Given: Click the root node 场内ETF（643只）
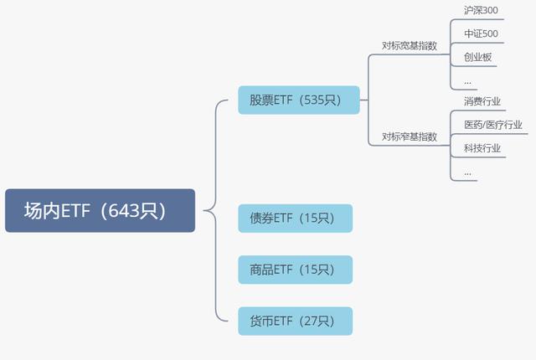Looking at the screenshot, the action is [100, 210].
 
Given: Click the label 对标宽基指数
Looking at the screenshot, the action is [410, 46].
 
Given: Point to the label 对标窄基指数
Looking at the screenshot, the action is [410, 136].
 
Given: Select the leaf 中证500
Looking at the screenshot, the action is [481, 34].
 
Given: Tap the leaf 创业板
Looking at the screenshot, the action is [477, 58].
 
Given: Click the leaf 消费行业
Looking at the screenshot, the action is [482, 101].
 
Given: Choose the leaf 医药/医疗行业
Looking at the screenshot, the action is [492, 125].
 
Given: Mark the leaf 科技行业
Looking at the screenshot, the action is [482, 148].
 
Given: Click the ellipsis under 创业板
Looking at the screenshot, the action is [467, 82].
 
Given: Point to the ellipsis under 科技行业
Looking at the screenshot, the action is [467, 172].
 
